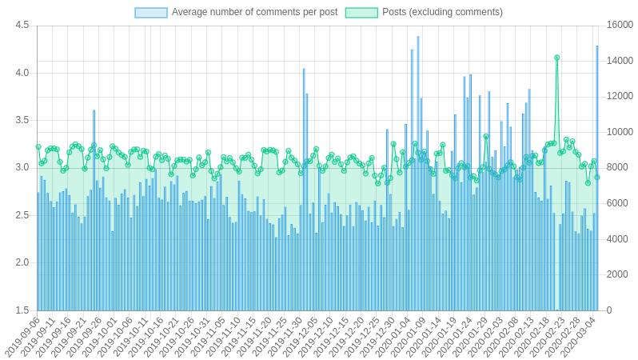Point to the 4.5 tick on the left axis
pyautogui.click(x=22, y=26)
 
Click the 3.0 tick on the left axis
pyautogui.click(x=22, y=168)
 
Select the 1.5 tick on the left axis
pyautogui.click(x=22, y=310)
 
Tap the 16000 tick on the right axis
pyautogui.click(x=620, y=26)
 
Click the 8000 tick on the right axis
pyautogui.click(x=616, y=168)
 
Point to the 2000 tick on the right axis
pyautogui.click(x=616, y=274)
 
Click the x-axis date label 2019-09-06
pyautogui.click(x=22, y=338)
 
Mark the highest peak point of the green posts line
pyautogui.click(x=556, y=58)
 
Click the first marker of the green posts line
pyautogui.click(x=38, y=147)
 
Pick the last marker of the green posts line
pyautogui.click(x=596, y=178)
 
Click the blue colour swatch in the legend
pyautogui.click(x=151, y=12)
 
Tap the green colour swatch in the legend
pyautogui.click(x=361, y=12)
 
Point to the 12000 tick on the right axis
pyautogui.click(x=620, y=97)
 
